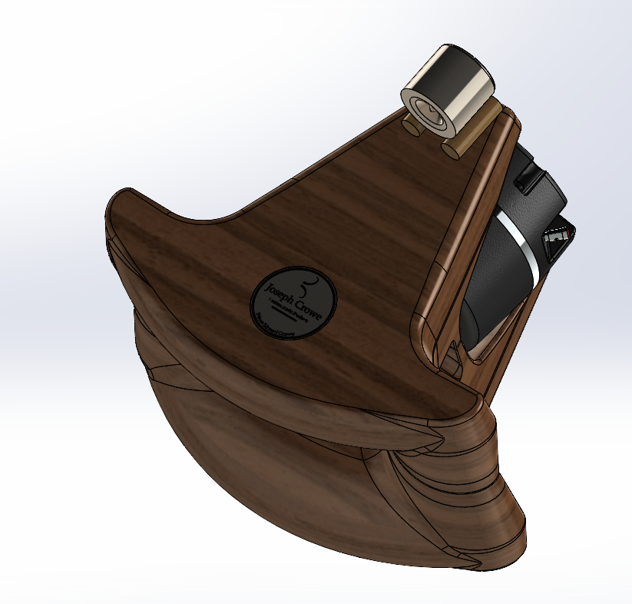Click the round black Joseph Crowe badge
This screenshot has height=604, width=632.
[293, 302]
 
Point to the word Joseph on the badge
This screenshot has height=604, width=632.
[279, 291]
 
